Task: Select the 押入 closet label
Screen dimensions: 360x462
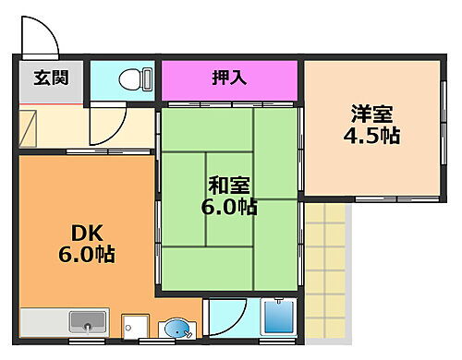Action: pyautogui.click(x=230, y=78)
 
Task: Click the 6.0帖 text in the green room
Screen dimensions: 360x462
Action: pyautogui.click(x=228, y=207)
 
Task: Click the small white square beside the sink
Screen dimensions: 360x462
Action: pyautogui.click(x=137, y=326)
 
